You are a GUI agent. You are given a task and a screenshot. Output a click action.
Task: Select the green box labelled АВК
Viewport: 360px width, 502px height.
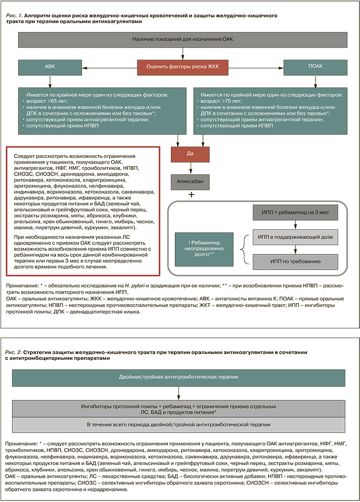pos(47,66)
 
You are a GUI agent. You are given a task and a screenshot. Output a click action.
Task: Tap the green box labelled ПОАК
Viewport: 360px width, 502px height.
pos(316,66)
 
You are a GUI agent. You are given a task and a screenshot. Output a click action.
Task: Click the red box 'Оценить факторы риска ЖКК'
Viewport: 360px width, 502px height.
pos(183,66)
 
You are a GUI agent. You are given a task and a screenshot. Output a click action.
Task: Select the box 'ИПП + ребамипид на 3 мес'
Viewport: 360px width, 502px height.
pos(295,213)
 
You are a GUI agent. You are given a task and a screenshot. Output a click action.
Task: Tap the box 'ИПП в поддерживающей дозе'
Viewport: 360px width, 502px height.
pos(295,236)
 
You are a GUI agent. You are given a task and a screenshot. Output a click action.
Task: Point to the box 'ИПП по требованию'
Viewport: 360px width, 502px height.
pos(295,260)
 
